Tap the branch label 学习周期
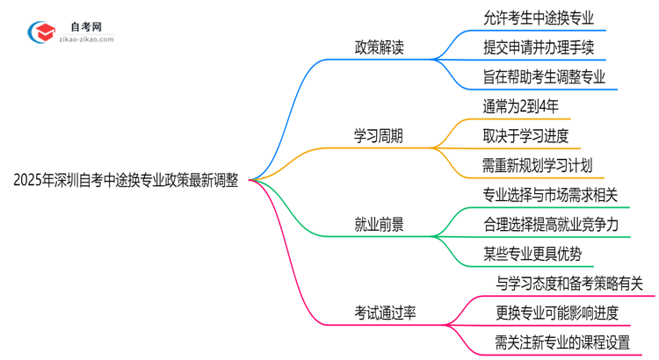coord(379,136)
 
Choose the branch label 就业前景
coord(379,225)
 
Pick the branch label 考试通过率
coord(385,313)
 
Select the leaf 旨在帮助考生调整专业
coord(544,76)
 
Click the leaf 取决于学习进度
coord(525,135)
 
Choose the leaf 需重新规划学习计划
coord(537,165)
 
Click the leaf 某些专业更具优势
coord(532,255)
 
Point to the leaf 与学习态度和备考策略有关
coord(569,284)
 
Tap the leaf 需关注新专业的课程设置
coord(562,343)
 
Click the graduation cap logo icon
coord(38,29)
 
